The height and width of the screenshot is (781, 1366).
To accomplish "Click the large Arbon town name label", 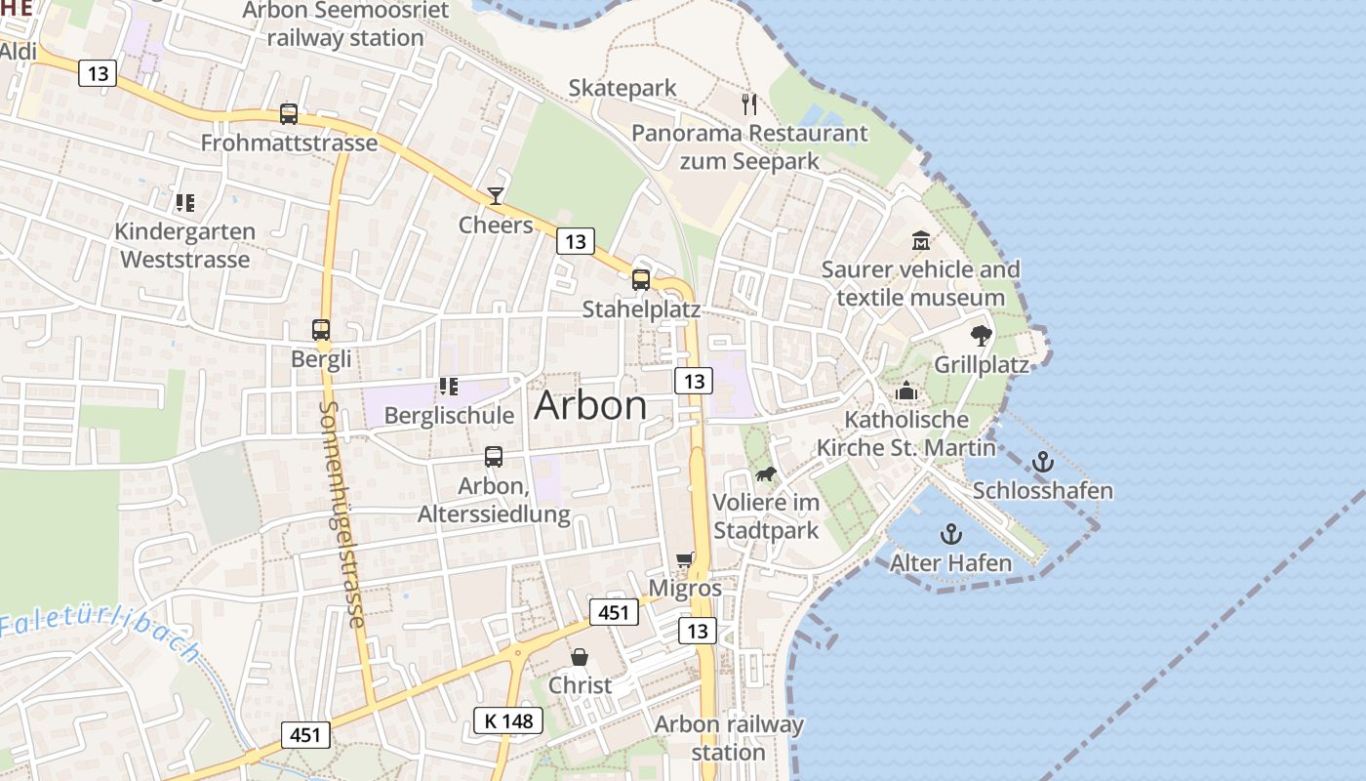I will tap(590, 405).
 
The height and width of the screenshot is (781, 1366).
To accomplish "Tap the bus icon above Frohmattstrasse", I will tap(289, 113).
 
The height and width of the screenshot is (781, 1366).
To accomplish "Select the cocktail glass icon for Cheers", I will tap(496, 196).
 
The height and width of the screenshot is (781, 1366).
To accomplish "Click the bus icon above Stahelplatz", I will tap(641, 279).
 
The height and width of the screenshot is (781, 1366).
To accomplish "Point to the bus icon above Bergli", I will tap(321, 330).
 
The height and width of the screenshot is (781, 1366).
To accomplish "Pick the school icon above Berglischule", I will tap(448, 387).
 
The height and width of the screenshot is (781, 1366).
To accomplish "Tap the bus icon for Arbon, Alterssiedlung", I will tap(494, 456).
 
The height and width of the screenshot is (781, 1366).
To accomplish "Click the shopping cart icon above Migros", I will tap(685, 559).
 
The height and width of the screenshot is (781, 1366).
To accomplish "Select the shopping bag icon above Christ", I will tap(580, 656).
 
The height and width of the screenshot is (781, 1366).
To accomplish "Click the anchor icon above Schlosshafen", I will tap(1043, 461).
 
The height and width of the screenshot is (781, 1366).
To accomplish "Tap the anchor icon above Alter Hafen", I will tap(950, 534).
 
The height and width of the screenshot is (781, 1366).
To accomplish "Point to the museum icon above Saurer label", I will tap(920, 240).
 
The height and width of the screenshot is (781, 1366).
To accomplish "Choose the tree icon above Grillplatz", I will tap(982, 336).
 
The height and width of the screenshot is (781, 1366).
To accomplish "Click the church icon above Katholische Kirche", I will tap(906, 390).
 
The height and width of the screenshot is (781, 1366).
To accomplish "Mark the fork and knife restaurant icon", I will tap(749, 103).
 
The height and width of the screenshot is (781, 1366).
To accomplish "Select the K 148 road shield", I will tap(508, 720).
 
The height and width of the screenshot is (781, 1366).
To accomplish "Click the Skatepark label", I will tap(623, 88).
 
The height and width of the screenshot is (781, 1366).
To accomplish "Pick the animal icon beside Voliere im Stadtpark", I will tap(766, 474).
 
